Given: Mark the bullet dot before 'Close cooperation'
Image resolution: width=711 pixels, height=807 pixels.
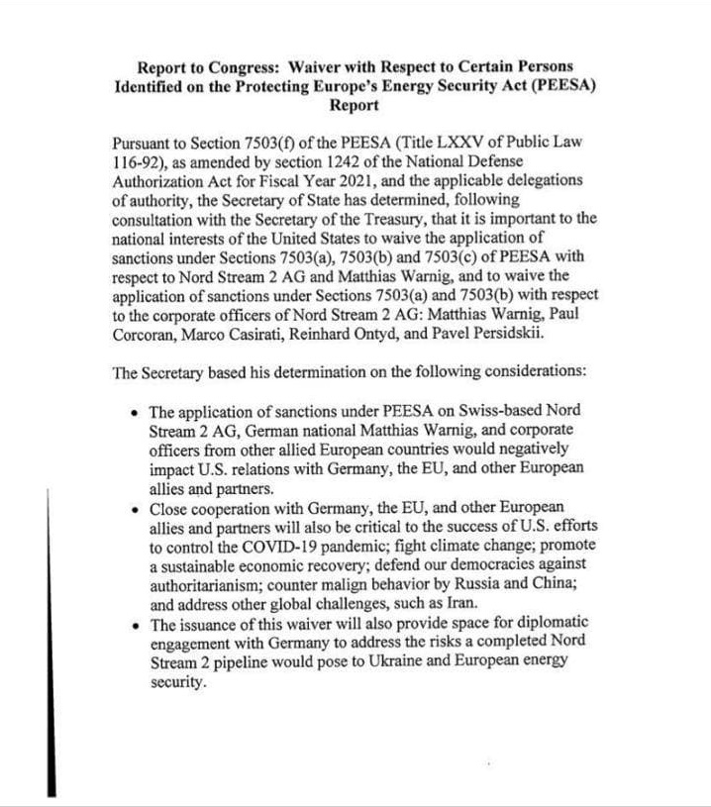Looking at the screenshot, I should tap(136, 507).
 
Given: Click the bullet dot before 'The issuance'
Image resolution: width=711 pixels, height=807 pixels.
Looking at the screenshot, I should tap(136, 622).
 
